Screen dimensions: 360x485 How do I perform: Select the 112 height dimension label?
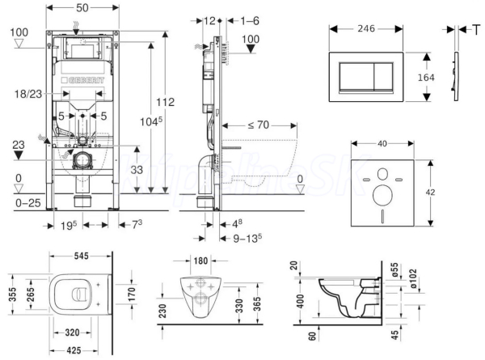(165, 103)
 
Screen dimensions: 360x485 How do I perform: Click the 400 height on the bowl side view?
(301, 301)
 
